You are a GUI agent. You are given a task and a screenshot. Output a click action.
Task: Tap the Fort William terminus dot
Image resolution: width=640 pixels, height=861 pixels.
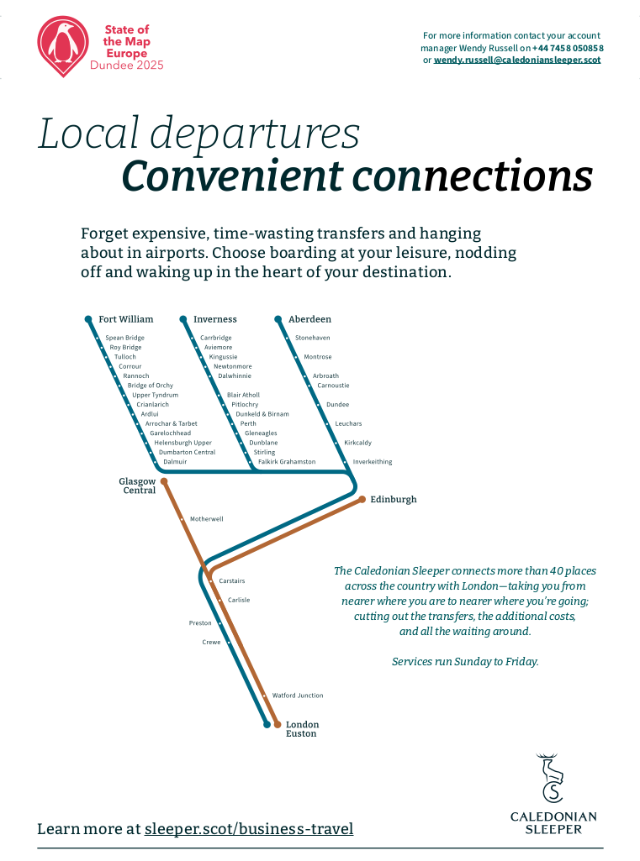[88, 319]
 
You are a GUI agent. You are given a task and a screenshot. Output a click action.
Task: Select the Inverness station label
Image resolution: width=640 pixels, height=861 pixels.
[214, 319]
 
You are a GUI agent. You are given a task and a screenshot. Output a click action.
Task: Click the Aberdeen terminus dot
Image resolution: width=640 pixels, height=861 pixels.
[278, 319]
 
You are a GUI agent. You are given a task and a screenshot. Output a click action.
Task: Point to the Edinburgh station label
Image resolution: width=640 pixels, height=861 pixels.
[393, 500]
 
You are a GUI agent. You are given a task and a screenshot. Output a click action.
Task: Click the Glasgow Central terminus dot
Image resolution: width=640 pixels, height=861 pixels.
[164, 481]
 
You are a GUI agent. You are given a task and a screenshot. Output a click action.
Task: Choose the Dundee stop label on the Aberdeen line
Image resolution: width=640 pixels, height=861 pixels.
[337, 405]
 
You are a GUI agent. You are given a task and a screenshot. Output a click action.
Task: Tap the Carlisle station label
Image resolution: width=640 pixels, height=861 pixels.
[239, 601]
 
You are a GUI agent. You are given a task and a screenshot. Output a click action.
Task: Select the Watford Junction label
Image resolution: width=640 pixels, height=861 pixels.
[297, 696]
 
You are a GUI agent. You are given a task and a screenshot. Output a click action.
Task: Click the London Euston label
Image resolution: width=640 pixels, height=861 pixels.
[302, 729]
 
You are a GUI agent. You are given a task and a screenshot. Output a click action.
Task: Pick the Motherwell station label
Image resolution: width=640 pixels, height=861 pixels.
[206, 519]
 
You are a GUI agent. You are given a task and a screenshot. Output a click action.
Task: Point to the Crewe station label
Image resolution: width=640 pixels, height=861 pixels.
[211, 643]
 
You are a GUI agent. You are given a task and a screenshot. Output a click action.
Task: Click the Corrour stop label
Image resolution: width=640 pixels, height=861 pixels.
[130, 366]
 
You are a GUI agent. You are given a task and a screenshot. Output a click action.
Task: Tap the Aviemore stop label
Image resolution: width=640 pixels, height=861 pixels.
[218, 348]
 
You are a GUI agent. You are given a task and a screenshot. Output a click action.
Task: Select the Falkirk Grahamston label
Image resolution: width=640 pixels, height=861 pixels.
[287, 462]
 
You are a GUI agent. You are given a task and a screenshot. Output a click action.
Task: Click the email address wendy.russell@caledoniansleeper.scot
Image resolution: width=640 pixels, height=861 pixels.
[516, 60]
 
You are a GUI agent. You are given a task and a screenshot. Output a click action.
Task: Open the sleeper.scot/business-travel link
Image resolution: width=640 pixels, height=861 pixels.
[248, 829]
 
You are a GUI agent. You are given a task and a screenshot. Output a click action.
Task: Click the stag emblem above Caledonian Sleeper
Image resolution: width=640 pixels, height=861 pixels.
[552, 778]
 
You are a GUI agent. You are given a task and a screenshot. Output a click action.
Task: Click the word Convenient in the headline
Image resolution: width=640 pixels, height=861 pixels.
[232, 176]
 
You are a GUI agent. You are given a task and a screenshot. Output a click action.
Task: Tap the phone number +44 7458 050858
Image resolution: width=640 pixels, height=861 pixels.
[568, 48]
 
